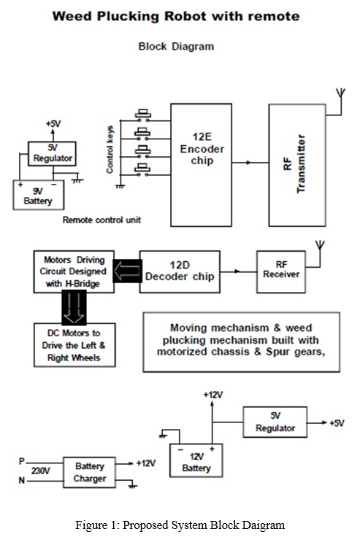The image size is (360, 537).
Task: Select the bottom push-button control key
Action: tap(143, 169)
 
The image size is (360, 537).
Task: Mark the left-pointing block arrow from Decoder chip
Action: tap(127, 271)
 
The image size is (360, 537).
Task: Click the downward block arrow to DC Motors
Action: tap(74, 308)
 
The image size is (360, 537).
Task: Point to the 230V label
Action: tap(40, 471)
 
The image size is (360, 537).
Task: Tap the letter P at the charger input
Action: tap(22, 461)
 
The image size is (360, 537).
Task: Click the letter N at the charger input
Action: tap(22, 481)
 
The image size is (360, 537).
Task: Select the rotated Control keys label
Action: tap(110, 150)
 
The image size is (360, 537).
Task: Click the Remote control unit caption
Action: tap(102, 220)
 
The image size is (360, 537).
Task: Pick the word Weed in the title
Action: tap(72, 16)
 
